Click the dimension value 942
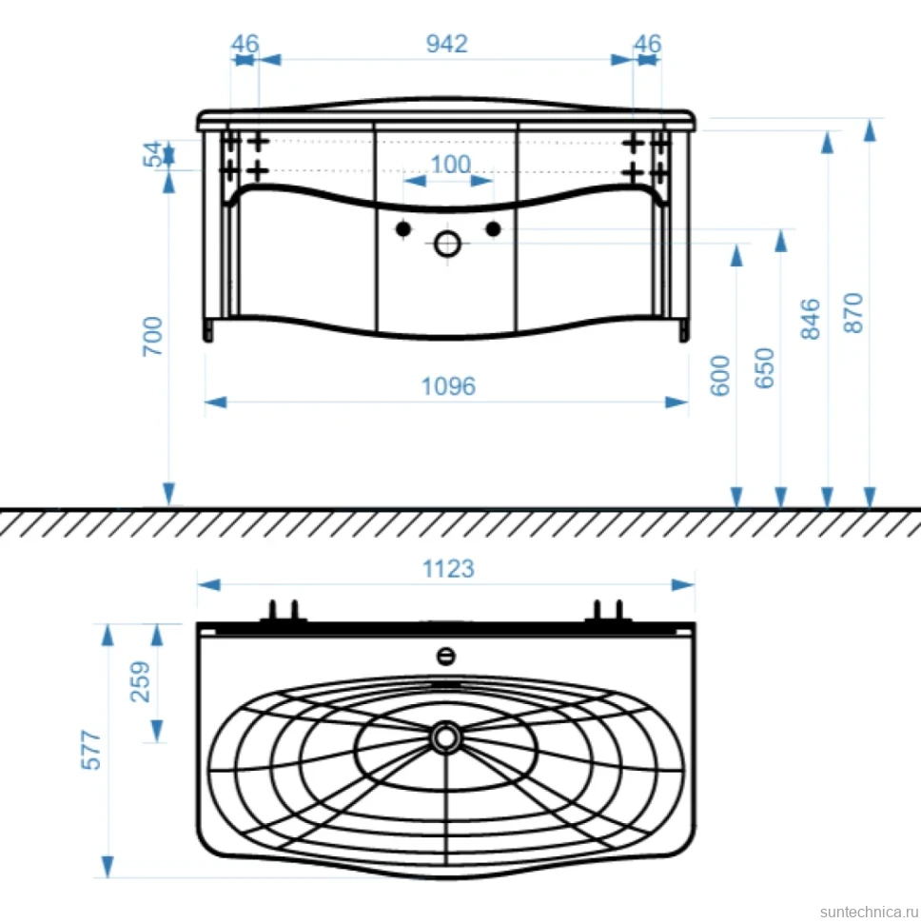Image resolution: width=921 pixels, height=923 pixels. click(446, 44)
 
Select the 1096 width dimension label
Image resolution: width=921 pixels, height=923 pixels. click(448, 386)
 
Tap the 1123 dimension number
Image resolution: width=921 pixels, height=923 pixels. click(448, 569)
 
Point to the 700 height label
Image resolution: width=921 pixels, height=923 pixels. click(152, 336)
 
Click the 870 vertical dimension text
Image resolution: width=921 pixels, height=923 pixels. click(853, 313)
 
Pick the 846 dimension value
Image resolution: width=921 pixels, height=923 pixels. click(811, 319)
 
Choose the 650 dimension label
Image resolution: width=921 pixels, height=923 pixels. click(764, 368)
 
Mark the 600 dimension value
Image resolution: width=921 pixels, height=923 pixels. click(720, 376)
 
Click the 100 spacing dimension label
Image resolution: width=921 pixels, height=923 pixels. click(451, 165)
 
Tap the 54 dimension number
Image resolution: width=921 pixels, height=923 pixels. click(152, 154)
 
